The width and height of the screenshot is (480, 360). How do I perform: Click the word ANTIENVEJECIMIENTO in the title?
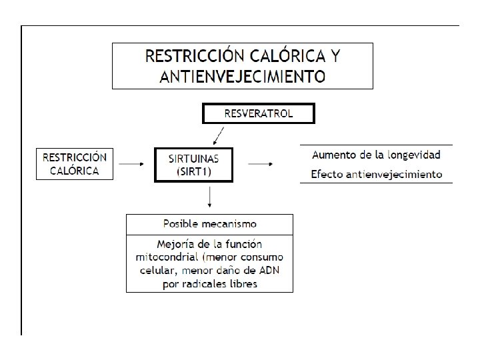(243, 76)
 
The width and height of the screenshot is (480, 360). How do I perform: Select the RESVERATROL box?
(258, 114)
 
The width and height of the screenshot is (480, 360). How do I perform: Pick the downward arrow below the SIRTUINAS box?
(210, 197)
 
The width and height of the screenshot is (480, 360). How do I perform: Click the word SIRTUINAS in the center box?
(193, 159)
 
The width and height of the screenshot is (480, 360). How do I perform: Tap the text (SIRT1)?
(193, 171)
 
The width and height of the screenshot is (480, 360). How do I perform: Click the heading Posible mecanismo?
(210, 223)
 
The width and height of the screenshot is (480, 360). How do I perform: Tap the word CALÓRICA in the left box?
(74, 171)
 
